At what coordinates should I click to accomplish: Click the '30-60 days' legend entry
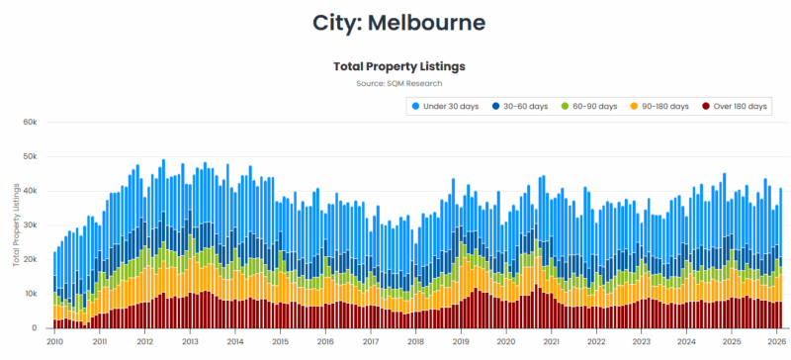(x=525, y=106)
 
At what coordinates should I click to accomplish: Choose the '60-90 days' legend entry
(x=594, y=106)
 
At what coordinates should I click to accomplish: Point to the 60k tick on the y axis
(x=30, y=123)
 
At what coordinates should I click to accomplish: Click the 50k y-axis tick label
(x=30, y=157)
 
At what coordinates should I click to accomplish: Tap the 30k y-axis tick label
(x=30, y=225)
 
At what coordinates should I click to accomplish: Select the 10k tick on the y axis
(x=30, y=295)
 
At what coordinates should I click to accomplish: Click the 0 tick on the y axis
(x=34, y=328)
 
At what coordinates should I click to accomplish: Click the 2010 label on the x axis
(x=54, y=341)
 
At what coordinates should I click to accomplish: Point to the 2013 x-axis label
(x=190, y=341)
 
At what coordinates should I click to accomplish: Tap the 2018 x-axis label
(x=416, y=341)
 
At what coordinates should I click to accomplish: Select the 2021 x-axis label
(x=551, y=341)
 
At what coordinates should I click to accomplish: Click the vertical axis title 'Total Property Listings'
(x=16, y=225)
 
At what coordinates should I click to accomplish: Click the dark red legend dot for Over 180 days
(x=705, y=106)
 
